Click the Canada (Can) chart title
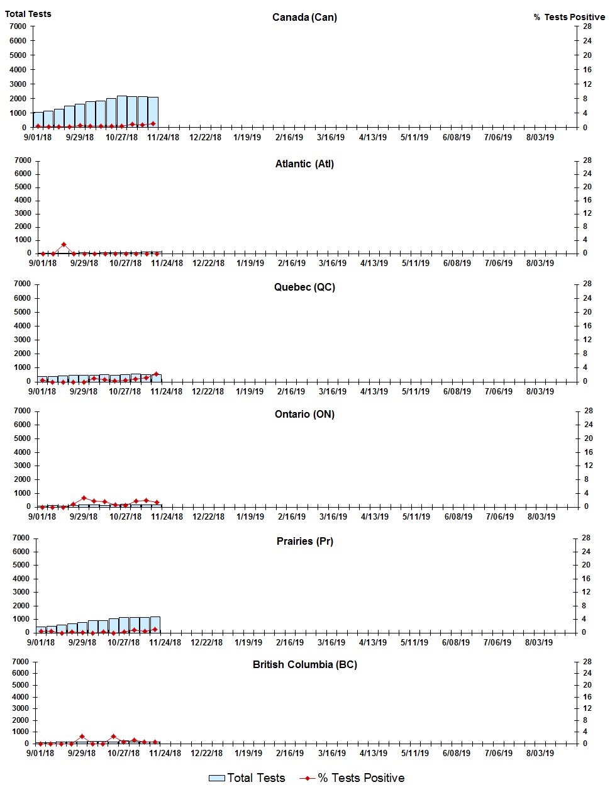pos(304,17)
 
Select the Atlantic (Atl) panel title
pos(304,164)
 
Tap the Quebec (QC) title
pos(304,287)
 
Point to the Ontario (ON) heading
pos(304,414)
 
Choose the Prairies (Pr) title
pos(304,541)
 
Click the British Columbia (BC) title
pos(304,664)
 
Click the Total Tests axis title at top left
pos(28,14)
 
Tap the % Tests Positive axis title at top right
pos(569,17)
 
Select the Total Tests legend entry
pos(247,778)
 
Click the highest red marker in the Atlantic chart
pos(64,245)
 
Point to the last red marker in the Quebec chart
pos(157,374)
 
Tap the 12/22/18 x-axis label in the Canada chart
pos(206,137)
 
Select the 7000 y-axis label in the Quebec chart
pos(23,284)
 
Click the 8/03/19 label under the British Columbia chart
pos(539,753)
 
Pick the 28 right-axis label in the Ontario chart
pos(589,411)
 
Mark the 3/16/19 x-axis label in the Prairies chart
pos(331,642)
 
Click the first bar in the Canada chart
pos(38,120)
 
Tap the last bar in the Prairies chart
pos(155,625)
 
